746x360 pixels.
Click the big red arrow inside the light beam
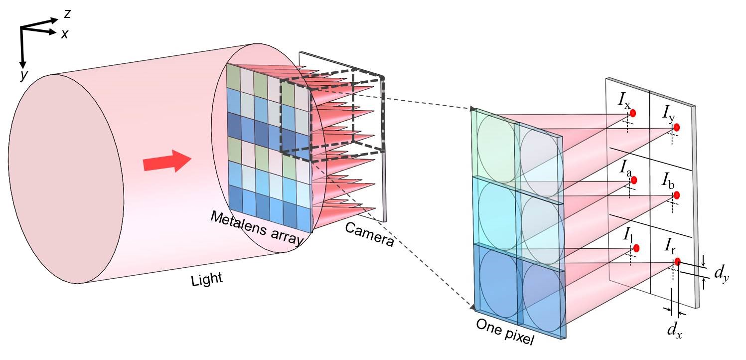pyautogui.click(x=167, y=162)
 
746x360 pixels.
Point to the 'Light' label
pyautogui.click(x=207, y=280)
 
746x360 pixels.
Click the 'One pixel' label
pyautogui.click(x=505, y=332)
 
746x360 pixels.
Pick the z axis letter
pyautogui.click(x=67, y=14)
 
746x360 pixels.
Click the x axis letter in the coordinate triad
pyautogui.click(x=64, y=34)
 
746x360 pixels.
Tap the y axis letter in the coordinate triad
pyautogui.click(x=23, y=75)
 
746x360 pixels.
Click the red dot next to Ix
pyautogui.click(x=633, y=114)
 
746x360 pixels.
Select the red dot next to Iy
pyautogui.click(x=676, y=128)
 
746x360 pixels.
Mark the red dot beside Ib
pyautogui.click(x=676, y=195)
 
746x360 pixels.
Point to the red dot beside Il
pyautogui.click(x=636, y=248)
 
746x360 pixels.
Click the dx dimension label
pyautogui.click(x=675, y=330)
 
